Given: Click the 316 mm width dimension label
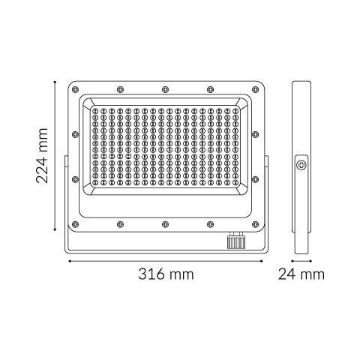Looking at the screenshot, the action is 166,274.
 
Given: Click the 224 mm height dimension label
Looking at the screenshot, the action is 42,155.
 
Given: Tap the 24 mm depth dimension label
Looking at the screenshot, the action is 301,274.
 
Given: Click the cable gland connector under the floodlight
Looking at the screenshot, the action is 236,240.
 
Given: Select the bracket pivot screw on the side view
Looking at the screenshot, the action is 301,165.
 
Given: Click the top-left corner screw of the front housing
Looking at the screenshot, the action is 75,89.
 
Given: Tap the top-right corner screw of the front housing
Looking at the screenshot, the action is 255,89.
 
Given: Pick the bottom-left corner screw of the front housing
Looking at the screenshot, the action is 75,224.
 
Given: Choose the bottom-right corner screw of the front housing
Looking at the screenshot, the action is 255,224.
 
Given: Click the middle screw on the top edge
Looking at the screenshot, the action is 165,89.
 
